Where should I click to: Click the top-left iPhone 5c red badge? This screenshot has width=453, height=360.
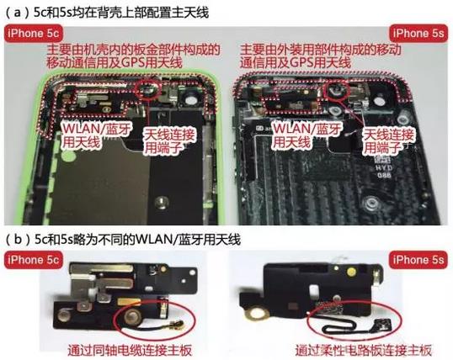[33, 34]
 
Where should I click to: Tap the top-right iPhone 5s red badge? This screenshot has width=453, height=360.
[418, 34]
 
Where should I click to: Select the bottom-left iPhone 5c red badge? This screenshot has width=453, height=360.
[33, 260]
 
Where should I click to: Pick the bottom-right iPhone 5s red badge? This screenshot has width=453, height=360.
[418, 260]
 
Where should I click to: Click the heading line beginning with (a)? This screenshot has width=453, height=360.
[107, 13]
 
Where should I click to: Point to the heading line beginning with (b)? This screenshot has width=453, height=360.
[123, 240]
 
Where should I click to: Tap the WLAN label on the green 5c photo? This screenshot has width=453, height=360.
[97, 135]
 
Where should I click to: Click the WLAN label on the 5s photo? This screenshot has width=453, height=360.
[307, 135]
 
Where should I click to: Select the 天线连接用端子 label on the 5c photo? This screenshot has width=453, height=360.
[169, 141]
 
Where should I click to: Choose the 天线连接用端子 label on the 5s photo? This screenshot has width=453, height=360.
[387, 141]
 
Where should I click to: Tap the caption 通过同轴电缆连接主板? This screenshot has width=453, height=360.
[130, 351]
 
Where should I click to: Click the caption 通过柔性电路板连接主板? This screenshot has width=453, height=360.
[363, 351]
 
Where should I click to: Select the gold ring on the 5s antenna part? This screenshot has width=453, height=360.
[256, 314]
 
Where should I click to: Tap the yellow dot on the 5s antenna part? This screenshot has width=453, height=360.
[351, 271]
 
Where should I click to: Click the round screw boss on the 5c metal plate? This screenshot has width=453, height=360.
[162, 202]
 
